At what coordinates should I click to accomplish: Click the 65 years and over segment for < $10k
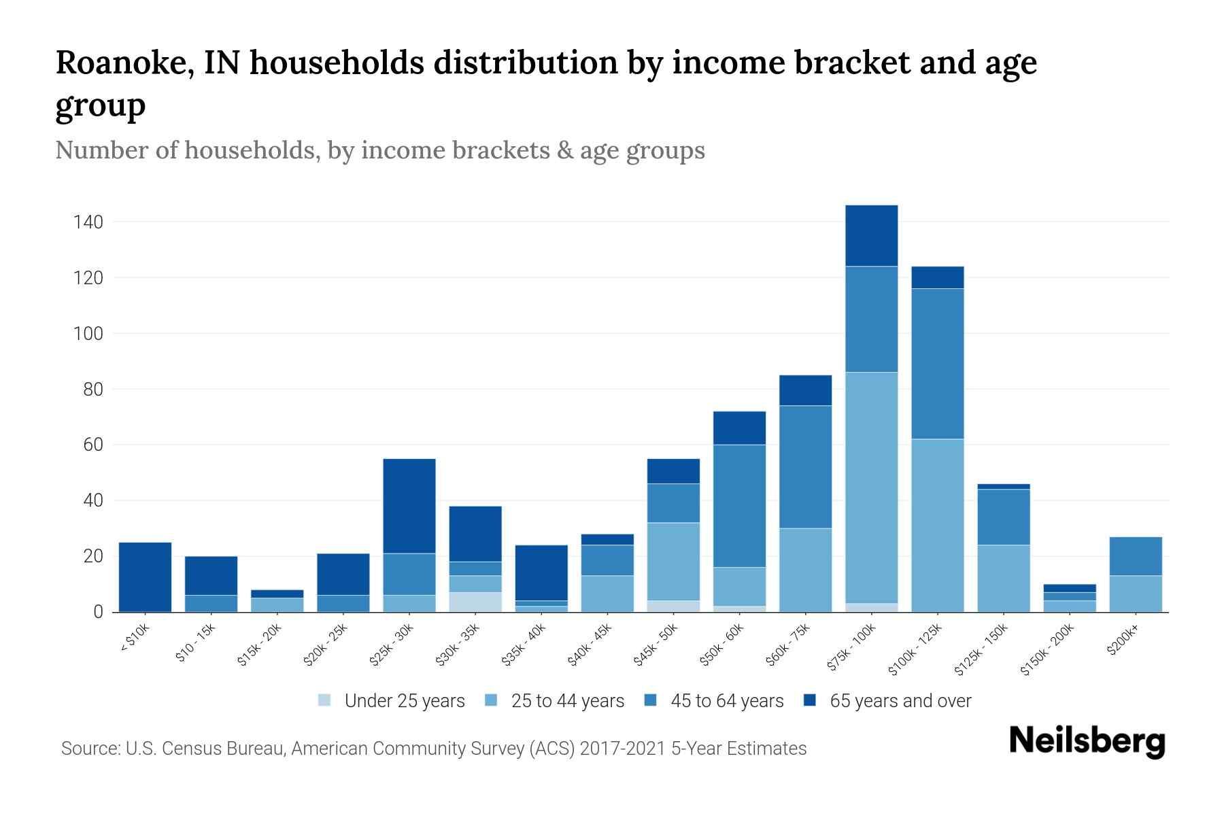pyautogui.click(x=145, y=577)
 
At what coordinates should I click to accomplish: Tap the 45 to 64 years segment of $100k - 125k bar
pyautogui.click(x=937, y=364)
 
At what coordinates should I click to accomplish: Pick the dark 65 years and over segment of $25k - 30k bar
pyautogui.click(x=409, y=506)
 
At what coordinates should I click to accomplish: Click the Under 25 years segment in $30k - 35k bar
pyautogui.click(x=475, y=602)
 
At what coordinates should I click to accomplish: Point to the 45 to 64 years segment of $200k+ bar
pyautogui.click(x=1135, y=556)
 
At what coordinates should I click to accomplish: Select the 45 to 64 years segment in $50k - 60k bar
pyautogui.click(x=739, y=506)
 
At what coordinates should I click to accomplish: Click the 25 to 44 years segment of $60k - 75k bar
pyautogui.click(x=805, y=570)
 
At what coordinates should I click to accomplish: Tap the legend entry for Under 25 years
pyautogui.click(x=391, y=700)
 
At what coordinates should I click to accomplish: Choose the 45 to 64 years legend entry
pyautogui.click(x=713, y=700)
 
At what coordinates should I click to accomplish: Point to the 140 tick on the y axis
pyautogui.click(x=88, y=222)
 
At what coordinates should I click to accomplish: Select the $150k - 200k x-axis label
pyautogui.click(x=1047, y=649)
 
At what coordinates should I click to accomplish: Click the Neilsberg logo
pyautogui.click(x=1087, y=741)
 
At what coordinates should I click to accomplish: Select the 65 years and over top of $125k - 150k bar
pyautogui.click(x=1003, y=486)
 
